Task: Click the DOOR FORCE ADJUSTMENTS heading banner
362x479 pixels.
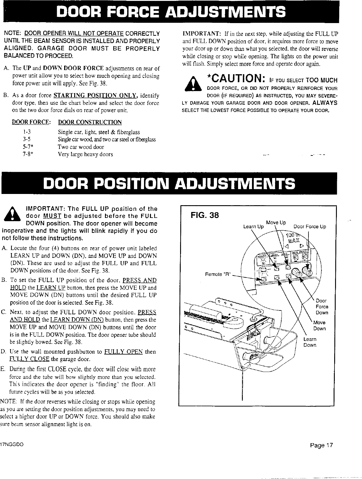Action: pos(172,12)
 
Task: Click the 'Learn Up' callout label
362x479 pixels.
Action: pos(253,227)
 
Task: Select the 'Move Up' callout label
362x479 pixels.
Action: pos(276,222)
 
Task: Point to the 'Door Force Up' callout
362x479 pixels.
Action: pos(310,227)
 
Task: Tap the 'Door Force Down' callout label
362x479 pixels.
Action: pos(322,307)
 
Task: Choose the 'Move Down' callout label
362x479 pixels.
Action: pos(319,326)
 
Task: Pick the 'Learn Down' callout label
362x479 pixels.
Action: pos(310,342)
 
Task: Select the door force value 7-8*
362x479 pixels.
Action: pos(28,154)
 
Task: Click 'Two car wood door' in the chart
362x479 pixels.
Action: pos(81,147)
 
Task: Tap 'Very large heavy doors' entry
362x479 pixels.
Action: pos(85,154)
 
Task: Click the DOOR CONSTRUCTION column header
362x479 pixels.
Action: pos(90,122)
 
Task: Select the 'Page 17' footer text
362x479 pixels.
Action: pos(322,445)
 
